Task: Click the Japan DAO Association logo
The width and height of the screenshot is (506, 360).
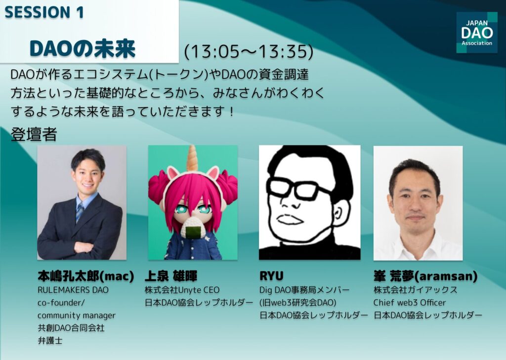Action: coord(477,32)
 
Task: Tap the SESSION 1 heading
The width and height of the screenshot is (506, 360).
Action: coord(44,12)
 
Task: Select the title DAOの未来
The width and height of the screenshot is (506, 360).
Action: coord(83,49)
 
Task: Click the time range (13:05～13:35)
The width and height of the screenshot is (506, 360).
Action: coord(249,51)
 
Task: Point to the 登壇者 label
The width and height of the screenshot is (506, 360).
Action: coord(34,135)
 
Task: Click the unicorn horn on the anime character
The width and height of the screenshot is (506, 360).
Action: coord(192,158)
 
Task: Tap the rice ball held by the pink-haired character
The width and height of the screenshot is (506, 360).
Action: coord(194,227)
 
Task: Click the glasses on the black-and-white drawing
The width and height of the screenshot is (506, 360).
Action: coord(298,190)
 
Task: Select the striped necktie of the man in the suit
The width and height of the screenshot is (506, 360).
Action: coord(80,213)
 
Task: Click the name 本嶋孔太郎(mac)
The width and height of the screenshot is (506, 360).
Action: coord(86,276)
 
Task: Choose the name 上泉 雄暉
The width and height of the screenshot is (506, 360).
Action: coord(170,276)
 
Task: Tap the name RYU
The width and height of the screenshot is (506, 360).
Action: coord(271,276)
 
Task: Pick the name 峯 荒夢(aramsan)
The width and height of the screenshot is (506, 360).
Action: coord(425,276)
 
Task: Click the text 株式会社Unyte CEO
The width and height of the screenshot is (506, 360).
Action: coord(182,290)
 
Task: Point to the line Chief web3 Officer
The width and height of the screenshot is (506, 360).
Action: coord(410,303)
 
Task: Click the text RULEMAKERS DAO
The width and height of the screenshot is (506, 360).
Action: coord(73,290)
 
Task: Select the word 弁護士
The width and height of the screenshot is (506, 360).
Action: coord(50,340)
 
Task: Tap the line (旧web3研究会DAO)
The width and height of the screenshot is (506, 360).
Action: coord(298,303)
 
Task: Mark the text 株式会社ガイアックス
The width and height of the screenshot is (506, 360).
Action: coord(415,290)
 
